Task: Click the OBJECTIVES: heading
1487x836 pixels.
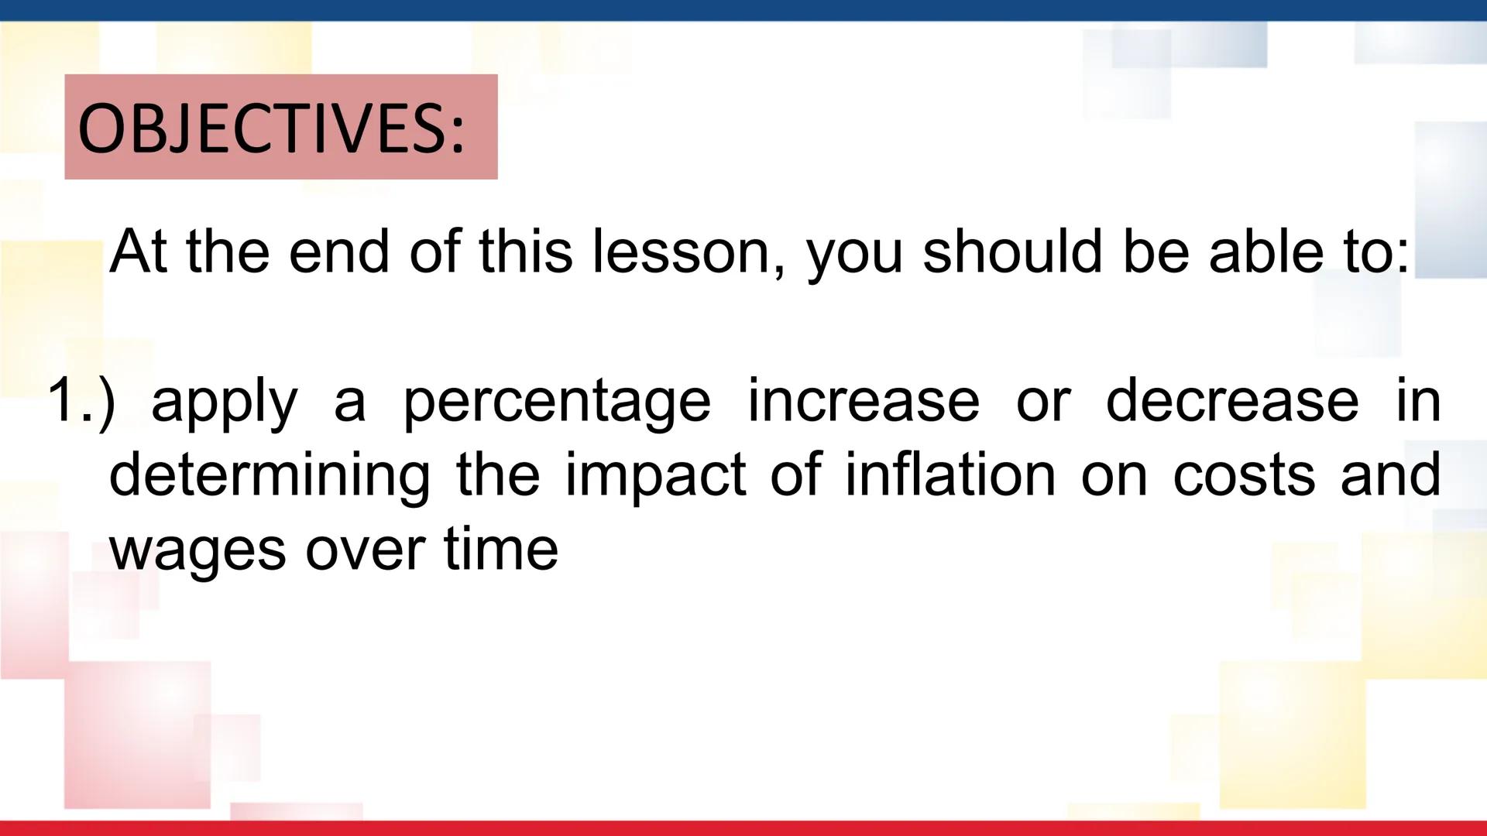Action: point(272,128)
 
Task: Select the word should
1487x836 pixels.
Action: point(1012,252)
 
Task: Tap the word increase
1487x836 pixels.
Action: point(864,400)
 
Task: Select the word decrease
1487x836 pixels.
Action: point(1232,400)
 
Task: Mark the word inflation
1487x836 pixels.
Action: point(950,475)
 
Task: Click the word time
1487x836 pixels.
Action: point(501,549)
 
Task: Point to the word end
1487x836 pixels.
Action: point(338,252)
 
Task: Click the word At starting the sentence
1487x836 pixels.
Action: point(138,252)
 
